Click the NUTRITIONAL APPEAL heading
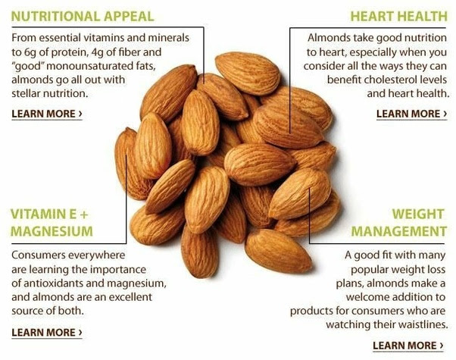[x=83, y=17]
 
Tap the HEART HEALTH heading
[x=398, y=17]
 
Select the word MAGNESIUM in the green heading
[x=52, y=231]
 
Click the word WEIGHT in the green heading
[x=418, y=214]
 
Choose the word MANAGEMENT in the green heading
[x=398, y=231]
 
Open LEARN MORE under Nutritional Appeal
[x=47, y=114]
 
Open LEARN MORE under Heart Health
[x=411, y=114]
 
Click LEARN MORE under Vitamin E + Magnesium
[x=47, y=333]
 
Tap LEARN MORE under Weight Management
[x=408, y=346]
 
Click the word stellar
[x=26, y=93]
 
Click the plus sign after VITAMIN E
[x=83, y=214]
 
